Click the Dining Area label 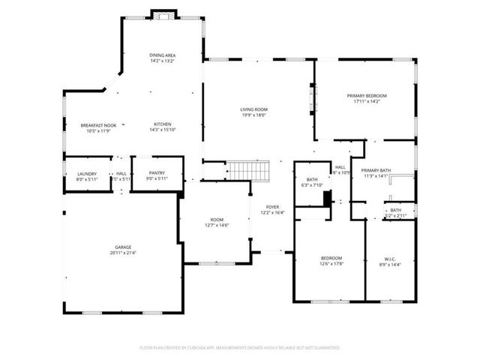coord(162,55)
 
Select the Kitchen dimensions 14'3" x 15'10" coord(163,130)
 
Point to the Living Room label coord(253,109)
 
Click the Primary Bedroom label coord(366,96)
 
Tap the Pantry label coord(156,173)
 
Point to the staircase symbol coord(248,171)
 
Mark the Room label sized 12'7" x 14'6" coord(217,219)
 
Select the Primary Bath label coord(376,171)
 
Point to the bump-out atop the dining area coord(163,14)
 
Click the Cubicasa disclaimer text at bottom coord(239,348)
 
